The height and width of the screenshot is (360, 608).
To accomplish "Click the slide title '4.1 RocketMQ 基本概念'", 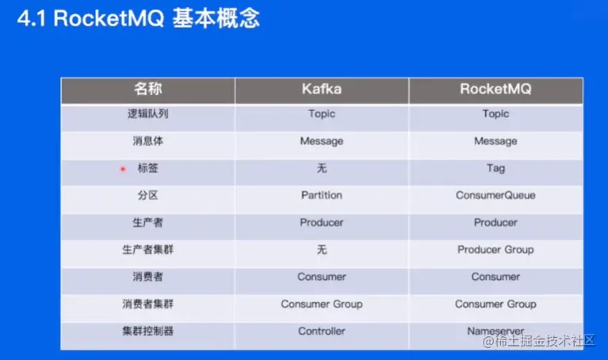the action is click(138, 18).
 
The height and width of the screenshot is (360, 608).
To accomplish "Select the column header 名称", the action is click(147, 89).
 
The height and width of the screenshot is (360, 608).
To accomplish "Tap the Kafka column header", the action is click(322, 90).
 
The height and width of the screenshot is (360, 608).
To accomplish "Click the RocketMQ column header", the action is click(495, 90).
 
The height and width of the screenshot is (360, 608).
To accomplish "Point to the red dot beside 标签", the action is click(123, 169).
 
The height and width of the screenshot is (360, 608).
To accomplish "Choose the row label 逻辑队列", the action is click(147, 113).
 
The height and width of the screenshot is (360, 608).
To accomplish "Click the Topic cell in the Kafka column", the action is click(322, 114).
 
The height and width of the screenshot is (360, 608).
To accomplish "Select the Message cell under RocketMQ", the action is click(495, 141).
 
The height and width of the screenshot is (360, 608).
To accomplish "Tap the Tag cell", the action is click(495, 168).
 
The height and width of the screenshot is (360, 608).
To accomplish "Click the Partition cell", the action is click(322, 195).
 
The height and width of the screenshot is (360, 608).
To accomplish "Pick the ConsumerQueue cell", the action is click(495, 195).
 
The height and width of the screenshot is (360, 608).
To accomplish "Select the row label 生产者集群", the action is click(147, 250).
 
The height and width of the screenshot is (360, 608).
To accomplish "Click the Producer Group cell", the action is click(495, 250).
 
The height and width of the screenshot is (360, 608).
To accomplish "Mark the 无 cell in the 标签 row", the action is click(322, 168).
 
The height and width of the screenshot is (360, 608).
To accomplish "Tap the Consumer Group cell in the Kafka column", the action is click(322, 304).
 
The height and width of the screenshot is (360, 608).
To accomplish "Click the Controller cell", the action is click(322, 331).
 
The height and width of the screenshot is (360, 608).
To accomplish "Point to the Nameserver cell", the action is click(495, 331).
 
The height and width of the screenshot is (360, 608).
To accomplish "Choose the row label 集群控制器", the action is click(147, 331).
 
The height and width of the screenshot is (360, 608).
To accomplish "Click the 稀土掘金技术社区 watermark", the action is click(539, 341).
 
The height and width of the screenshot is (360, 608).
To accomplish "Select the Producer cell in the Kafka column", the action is click(322, 222).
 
